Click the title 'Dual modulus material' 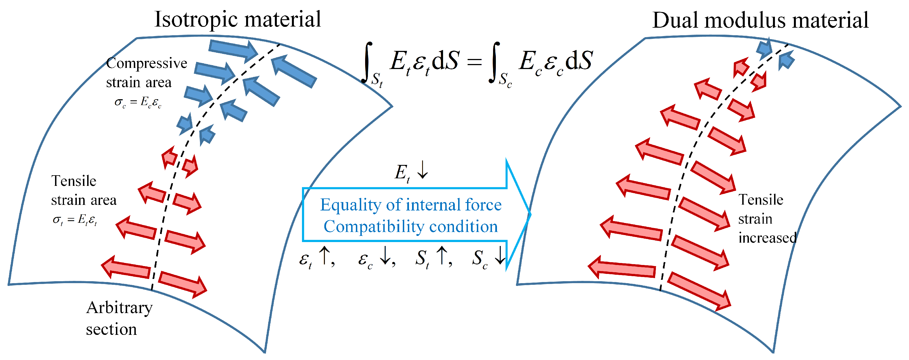coord(760,20)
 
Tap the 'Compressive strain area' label coord(146,73)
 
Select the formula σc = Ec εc coord(138,102)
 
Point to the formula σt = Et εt coord(75,220)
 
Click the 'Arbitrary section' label coord(119,318)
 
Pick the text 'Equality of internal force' coord(411,205)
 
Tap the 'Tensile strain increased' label coord(767,219)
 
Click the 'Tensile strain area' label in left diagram coord(83,191)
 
